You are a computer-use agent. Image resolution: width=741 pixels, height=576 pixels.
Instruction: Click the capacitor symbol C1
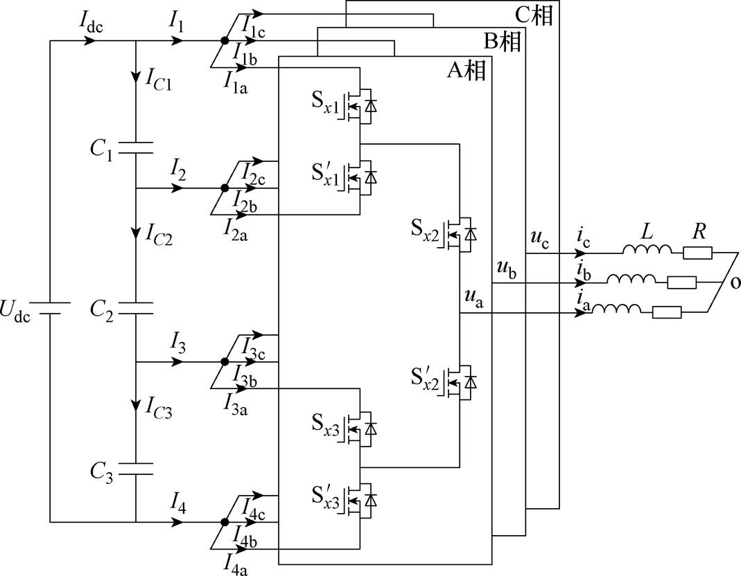[136, 147]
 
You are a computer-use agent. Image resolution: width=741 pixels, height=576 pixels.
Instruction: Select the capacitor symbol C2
[136, 308]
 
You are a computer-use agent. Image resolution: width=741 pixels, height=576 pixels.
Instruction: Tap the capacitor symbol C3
[136, 469]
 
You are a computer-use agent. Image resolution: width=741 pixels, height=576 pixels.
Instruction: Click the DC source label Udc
[15, 311]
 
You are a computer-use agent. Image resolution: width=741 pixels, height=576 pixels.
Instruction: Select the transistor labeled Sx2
[459, 234]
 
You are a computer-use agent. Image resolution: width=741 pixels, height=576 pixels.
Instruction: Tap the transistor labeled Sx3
[360, 429]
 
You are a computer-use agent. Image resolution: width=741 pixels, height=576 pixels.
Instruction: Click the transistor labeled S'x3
[360, 500]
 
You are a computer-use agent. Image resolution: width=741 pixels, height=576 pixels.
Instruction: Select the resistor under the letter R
[697, 254]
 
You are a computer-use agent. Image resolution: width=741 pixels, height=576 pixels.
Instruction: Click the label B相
[503, 42]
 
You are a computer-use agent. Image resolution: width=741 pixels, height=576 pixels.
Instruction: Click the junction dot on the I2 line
[225, 188]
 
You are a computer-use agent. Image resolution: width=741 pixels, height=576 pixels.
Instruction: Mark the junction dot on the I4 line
[225, 522]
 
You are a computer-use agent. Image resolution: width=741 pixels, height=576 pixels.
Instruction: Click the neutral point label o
[735, 282]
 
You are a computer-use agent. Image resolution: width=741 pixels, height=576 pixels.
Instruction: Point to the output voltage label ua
[474, 299]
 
